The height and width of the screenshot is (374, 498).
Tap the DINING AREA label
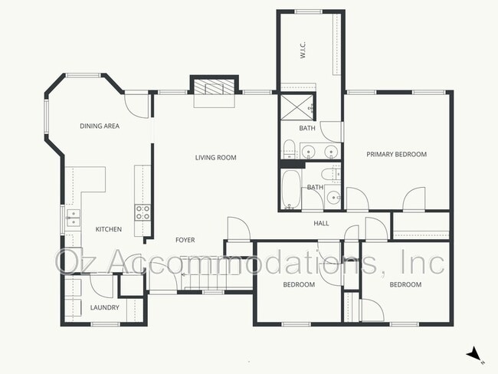(100, 126)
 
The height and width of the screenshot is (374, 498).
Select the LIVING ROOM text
(215, 158)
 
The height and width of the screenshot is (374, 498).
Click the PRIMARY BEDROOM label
(396, 155)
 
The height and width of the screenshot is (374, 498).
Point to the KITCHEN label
(108, 229)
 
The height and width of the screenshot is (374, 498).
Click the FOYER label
(185, 240)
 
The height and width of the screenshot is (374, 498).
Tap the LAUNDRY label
(104, 308)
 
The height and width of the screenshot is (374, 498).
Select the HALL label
(321, 224)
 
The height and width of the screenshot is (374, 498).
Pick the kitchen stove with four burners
(143, 212)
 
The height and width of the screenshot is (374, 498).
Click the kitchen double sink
(73, 218)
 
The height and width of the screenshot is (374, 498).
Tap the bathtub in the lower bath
(291, 189)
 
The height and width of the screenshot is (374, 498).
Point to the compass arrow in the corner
(475, 353)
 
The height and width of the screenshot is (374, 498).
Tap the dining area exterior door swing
(136, 103)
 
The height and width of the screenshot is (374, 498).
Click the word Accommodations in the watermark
(234, 262)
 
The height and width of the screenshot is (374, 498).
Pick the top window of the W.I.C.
(308, 11)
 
